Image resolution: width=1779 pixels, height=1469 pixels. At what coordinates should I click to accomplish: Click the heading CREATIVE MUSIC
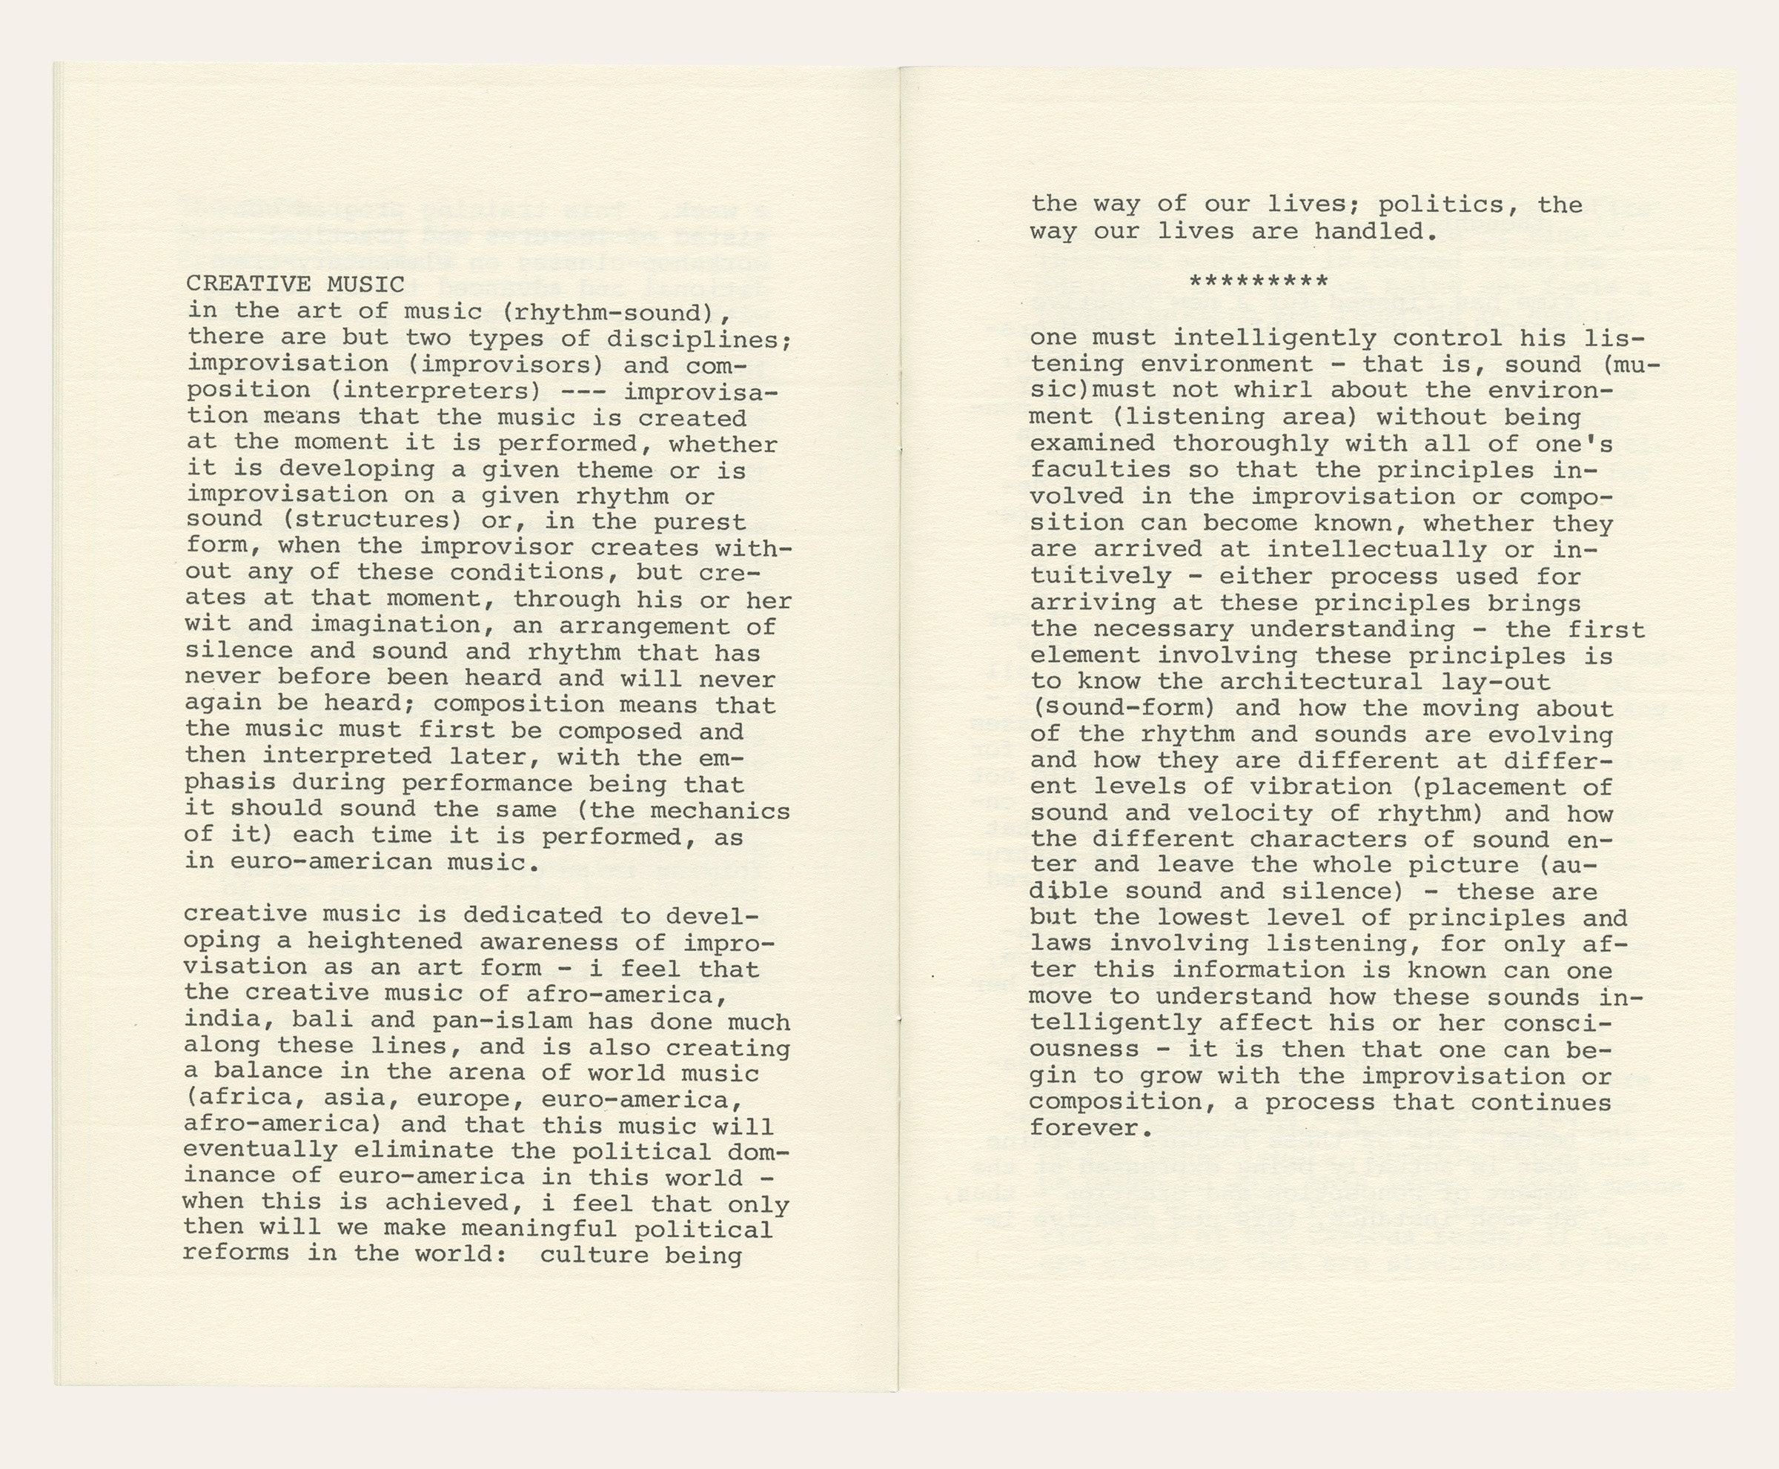[x=295, y=285]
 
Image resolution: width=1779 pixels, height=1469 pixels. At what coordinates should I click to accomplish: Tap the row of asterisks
[x=1259, y=282]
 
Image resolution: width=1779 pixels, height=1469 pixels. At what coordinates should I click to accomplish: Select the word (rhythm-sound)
[x=616, y=311]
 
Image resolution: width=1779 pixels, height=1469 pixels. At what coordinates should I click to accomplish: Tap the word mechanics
[x=720, y=811]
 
